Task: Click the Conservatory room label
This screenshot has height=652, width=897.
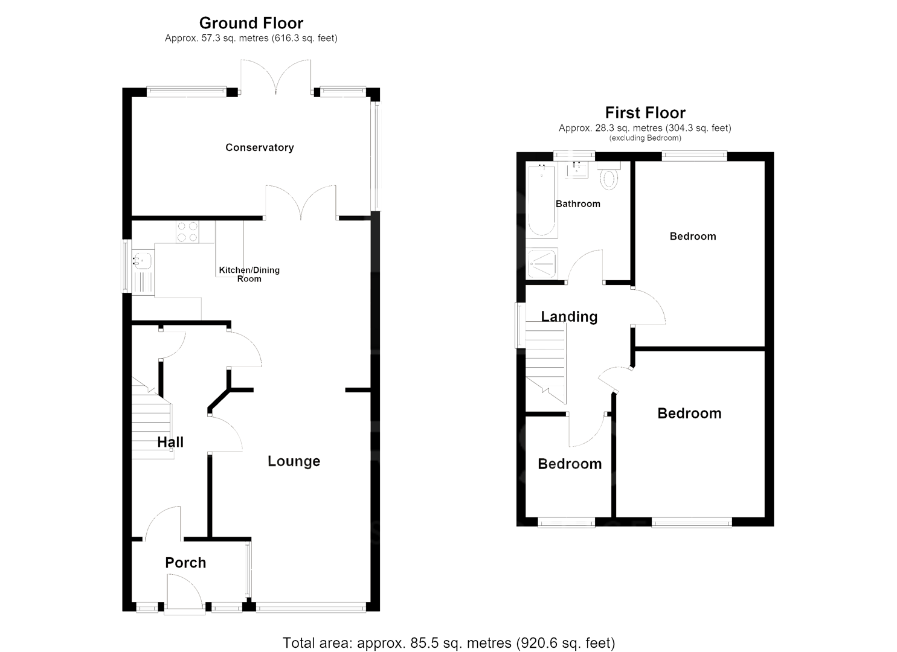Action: tap(260, 148)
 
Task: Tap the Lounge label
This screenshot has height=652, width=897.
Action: tap(294, 461)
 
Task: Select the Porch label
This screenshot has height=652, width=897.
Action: tap(185, 563)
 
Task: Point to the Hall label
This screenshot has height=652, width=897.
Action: tap(170, 443)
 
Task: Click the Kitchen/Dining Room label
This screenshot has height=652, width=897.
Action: tap(249, 274)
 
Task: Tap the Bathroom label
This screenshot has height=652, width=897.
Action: tap(578, 203)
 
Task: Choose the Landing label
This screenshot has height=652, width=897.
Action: tap(569, 316)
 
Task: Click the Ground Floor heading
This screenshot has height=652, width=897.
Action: tap(251, 23)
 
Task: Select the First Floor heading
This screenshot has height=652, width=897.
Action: tap(645, 113)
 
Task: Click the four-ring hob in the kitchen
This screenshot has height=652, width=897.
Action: tap(187, 232)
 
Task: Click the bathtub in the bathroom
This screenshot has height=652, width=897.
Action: tap(541, 199)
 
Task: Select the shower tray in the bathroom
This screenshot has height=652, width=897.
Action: tap(541, 264)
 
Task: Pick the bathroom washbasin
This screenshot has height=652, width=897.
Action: tap(577, 170)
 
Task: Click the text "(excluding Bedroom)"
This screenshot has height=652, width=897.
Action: tap(645, 138)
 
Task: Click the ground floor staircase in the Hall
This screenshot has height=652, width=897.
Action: tap(152, 418)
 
